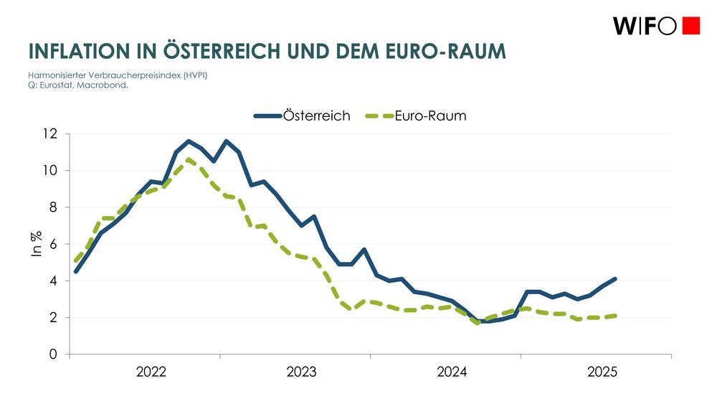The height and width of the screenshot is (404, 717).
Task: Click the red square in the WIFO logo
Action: tap(690, 26)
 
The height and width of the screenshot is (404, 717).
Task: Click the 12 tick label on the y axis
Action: tap(49, 134)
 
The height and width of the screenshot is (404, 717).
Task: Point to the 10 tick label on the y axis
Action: tap(49, 171)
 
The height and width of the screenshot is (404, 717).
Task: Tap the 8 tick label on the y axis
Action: tap(53, 207)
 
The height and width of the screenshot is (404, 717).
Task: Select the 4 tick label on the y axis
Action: tap(53, 281)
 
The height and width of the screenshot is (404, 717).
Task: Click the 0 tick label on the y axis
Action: tap(53, 354)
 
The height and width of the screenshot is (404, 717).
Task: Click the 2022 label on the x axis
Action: tap(151, 372)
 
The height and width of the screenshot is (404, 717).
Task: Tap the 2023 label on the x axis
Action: tap(302, 372)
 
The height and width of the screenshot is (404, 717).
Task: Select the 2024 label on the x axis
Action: tap(452, 372)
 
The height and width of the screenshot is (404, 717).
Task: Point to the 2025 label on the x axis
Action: tap(602, 372)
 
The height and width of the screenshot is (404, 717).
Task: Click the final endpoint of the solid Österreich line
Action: tap(615, 279)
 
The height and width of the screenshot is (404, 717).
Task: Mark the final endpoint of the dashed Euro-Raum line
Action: tap(615, 316)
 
